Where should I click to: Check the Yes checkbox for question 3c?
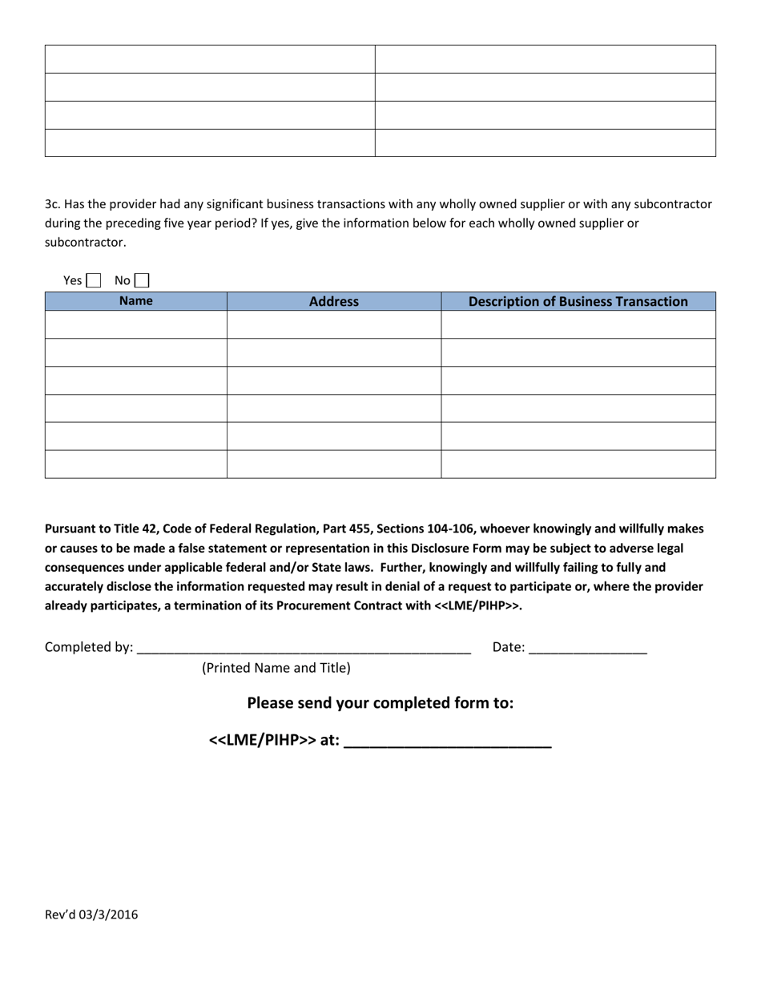[x=94, y=280]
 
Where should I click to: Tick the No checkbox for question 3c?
[x=142, y=280]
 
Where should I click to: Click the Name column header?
[x=135, y=301]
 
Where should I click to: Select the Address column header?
[x=333, y=302]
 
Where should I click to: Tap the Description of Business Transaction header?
[x=578, y=302]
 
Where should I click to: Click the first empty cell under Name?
[x=135, y=324]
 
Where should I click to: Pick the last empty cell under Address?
[x=333, y=464]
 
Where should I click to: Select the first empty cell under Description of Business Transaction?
[x=578, y=324]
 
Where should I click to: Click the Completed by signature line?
[x=304, y=647]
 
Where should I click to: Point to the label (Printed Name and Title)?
[x=276, y=667]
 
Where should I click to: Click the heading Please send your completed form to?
[x=380, y=703]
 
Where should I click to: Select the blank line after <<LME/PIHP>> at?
[x=447, y=741]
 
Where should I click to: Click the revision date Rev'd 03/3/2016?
[x=91, y=915]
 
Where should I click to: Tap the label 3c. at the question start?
[x=53, y=204]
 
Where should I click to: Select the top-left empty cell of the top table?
[x=210, y=59]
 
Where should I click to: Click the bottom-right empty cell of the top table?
[x=545, y=143]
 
